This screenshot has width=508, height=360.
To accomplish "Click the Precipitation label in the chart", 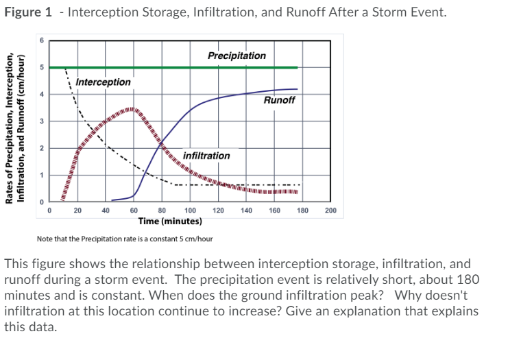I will (237, 56).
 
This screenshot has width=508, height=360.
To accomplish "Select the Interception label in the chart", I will (103, 82).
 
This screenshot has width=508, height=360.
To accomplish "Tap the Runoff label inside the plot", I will (279, 100).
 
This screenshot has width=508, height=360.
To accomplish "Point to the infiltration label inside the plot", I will (206, 156).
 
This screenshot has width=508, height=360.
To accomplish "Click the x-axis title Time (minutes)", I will (170, 221).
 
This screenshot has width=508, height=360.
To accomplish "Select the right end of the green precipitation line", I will (297, 67).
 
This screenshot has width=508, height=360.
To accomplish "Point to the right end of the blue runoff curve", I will (297, 89).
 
